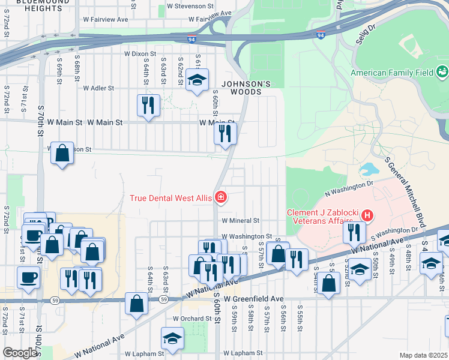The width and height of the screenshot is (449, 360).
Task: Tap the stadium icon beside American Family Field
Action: pyautogui.click(x=442, y=73)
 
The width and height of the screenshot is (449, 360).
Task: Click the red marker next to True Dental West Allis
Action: pyautogui.click(x=221, y=197)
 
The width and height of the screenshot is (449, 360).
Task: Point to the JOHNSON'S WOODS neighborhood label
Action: pyautogui.click(x=243, y=88)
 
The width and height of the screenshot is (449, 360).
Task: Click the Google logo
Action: pyautogui.click(x=20, y=353)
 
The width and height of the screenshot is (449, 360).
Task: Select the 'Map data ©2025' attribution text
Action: pyautogui.click(x=423, y=355)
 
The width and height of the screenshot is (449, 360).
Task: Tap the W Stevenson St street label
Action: pyautogui.click(x=190, y=5)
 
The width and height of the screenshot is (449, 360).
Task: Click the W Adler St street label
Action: pyautogui.click(x=98, y=88)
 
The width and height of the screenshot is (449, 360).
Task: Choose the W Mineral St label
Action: pyautogui.click(x=239, y=221)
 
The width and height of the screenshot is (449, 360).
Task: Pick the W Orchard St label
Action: pyautogui.click(x=192, y=319)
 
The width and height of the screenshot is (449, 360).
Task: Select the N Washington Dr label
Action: pyautogui.click(x=348, y=187)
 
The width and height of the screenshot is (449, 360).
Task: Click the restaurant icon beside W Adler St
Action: pyautogui.click(x=147, y=106)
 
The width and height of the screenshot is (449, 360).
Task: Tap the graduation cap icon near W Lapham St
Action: pyautogui.click(x=172, y=339)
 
